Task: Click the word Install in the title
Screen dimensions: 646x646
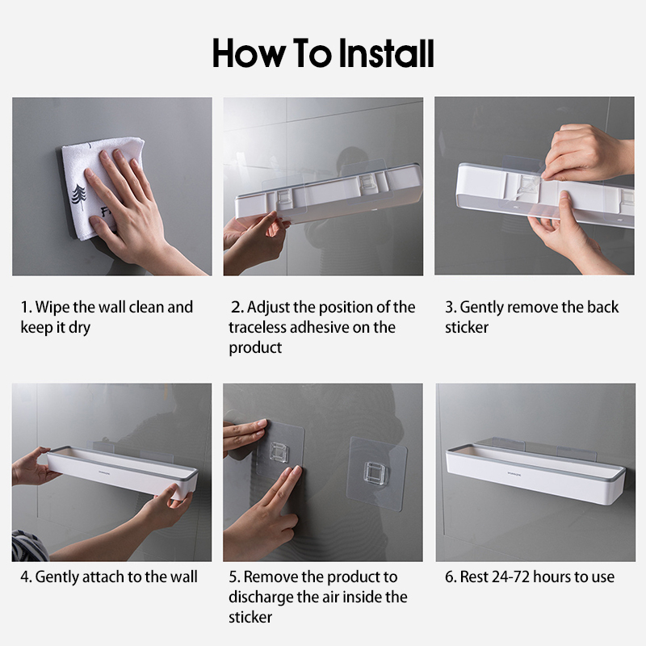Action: pos(386,53)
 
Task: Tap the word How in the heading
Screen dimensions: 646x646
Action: pos(249,53)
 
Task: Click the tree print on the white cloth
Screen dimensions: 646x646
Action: pos(79,197)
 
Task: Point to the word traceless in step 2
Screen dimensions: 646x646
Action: pos(257,328)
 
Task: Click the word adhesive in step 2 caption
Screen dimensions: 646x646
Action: pos(319,328)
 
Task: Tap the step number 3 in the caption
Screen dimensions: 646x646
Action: pos(450,308)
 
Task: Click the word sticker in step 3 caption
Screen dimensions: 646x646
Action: pos(467,328)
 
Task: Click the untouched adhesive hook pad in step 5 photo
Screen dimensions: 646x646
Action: pos(376,473)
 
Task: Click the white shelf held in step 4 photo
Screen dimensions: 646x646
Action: pos(123,472)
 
